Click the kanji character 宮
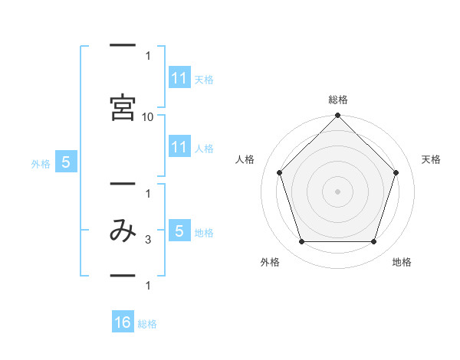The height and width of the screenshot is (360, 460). [x=123, y=107]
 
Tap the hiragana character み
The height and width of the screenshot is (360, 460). [x=123, y=231]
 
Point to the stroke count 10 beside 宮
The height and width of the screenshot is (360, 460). [x=147, y=117]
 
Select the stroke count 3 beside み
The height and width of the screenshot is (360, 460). [x=148, y=240]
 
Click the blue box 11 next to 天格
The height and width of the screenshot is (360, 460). [x=179, y=77]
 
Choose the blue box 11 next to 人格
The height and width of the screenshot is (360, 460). [x=179, y=146]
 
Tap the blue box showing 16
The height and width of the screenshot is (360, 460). [x=123, y=321]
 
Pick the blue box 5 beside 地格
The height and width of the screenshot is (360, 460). [x=179, y=230]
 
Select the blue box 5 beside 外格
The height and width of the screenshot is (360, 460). [x=66, y=162]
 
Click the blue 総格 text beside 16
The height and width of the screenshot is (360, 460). [x=147, y=324]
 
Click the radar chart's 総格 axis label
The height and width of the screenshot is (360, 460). [x=338, y=100]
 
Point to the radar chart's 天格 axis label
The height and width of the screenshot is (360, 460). [x=431, y=159]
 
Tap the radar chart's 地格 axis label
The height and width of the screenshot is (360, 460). [x=402, y=262]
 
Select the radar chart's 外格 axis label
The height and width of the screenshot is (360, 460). [x=270, y=262]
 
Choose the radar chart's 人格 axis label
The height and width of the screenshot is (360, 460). [x=245, y=159]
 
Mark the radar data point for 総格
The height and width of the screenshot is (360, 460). [x=337, y=115]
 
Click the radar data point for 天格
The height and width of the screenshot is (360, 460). [x=396, y=172]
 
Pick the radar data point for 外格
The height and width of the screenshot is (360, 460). [x=302, y=242]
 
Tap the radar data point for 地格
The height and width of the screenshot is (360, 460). [x=373, y=242]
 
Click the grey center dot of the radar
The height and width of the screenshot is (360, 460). [x=337, y=191]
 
